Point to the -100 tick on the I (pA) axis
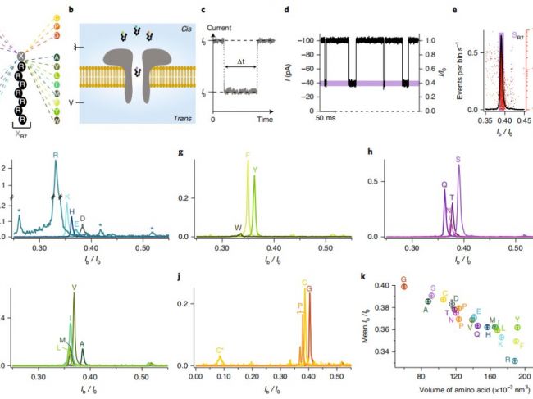pos(307,39)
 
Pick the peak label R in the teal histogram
pos(56,154)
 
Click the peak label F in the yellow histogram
pos(248,154)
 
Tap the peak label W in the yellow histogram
pos(238,227)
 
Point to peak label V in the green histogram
pos(75,288)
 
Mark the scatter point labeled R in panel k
pos(515,360)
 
